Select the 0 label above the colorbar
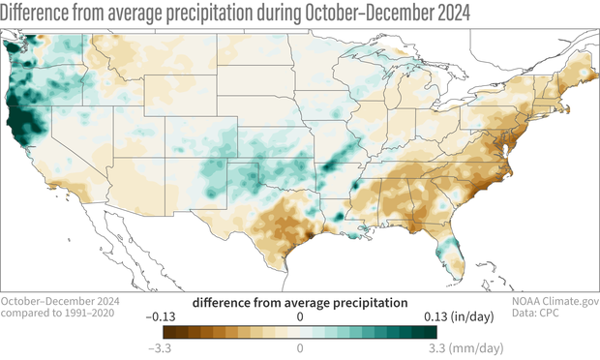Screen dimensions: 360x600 pos(300,316)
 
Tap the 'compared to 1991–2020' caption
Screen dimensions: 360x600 pos(48,315)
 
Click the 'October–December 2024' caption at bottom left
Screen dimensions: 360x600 pos(53,302)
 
